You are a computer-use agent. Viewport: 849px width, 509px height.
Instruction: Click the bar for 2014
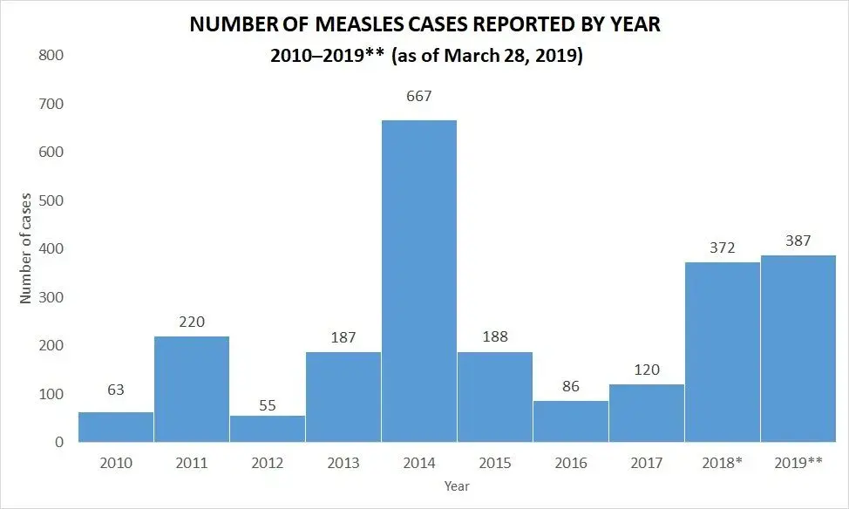click(419, 281)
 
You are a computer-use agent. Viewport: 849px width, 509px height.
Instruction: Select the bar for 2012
click(268, 429)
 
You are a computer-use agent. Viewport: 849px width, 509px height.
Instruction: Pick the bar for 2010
click(116, 426)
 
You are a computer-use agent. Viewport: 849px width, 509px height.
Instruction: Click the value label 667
click(419, 96)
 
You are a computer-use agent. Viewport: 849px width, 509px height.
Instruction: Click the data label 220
click(192, 322)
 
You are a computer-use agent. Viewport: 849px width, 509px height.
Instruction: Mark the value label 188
click(494, 336)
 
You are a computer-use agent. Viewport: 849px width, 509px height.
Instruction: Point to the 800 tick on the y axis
click(51, 56)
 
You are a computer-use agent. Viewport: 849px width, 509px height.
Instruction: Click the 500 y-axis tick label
click(51, 200)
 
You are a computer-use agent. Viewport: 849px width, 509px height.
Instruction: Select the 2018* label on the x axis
click(722, 464)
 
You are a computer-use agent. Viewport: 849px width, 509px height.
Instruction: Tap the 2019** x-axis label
click(798, 464)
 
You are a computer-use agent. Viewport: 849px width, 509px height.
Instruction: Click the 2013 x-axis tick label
click(343, 464)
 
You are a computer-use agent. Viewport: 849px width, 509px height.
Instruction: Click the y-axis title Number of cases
click(25, 248)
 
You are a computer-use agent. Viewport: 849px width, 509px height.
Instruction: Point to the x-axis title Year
click(456, 485)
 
